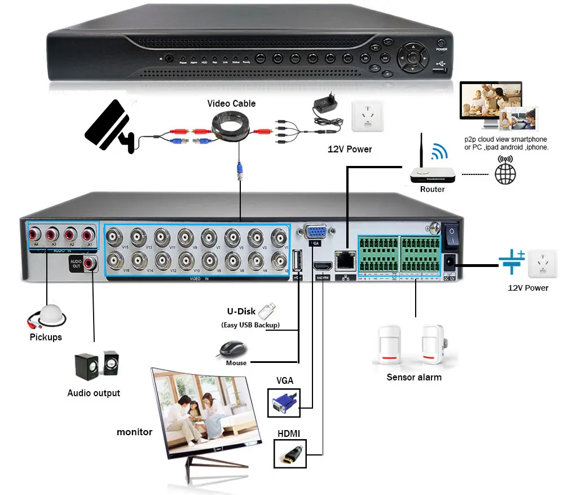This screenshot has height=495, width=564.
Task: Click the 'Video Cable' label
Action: point(231,103)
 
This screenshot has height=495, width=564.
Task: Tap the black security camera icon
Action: point(109,127)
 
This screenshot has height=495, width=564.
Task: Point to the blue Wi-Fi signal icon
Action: point(439,151)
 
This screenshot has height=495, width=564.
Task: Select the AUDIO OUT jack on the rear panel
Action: point(90,262)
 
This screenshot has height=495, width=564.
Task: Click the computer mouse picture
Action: point(231,349)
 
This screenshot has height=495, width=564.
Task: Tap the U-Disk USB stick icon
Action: point(267,311)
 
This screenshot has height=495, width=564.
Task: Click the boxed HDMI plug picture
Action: point(289,453)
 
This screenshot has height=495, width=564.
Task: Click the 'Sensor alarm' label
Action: point(413,377)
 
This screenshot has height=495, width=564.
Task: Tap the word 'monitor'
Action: point(134,432)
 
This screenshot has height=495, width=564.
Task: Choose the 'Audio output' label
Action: point(94,393)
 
